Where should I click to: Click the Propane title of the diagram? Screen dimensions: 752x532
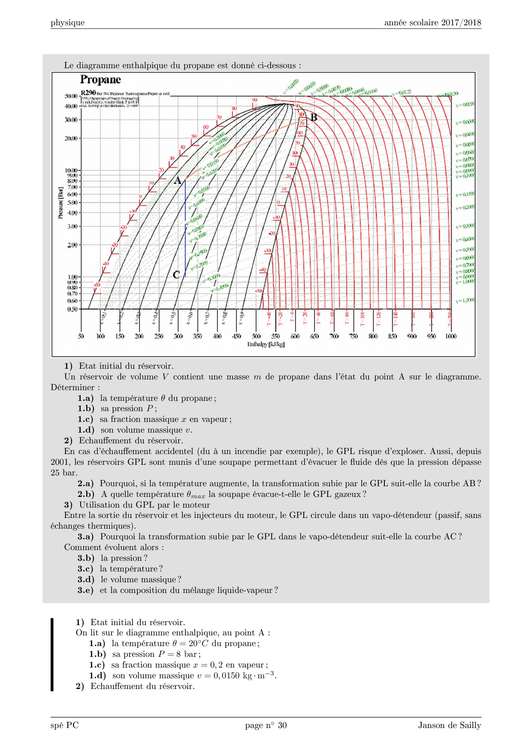[100, 80]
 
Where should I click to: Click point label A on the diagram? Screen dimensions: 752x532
[178, 181]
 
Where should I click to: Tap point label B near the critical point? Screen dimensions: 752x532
[314, 117]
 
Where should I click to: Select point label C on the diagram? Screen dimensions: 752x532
[176, 275]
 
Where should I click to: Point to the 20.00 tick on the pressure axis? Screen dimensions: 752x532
[71, 138]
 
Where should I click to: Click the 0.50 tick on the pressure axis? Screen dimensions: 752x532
[72, 309]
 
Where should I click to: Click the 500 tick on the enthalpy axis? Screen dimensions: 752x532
[256, 336]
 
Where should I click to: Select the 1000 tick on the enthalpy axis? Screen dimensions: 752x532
[450, 336]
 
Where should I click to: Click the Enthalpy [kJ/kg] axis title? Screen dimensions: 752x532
[266, 344]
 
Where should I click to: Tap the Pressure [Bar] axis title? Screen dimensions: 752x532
[60, 203]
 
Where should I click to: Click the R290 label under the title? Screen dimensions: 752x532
[88, 93]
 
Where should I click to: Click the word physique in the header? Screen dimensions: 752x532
[67, 23]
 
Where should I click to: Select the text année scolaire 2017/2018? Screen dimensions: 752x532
[432, 23]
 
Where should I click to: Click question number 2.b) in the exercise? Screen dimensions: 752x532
[86, 494]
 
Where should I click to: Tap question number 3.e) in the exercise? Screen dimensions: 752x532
[85, 590]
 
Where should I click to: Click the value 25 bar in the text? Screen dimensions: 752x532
[64, 472]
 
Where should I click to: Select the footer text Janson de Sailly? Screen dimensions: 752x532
[449, 725]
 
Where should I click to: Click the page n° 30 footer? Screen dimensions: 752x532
[266, 725]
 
